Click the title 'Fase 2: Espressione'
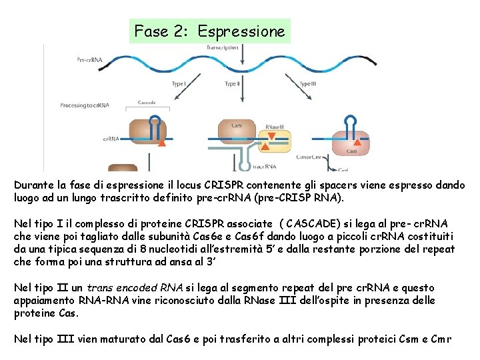[x=209, y=31]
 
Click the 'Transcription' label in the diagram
[x=222, y=48]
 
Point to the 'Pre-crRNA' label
[x=89, y=59]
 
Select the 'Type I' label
[x=179, y=84]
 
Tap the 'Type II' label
[x=232, y=84]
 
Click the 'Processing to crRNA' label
[x=85, y=105]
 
